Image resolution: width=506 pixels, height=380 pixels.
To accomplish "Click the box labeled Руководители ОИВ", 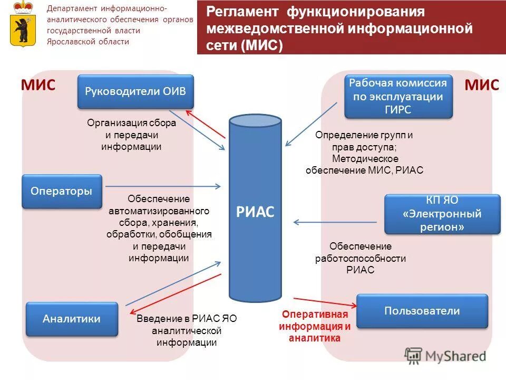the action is (x=135, y=91).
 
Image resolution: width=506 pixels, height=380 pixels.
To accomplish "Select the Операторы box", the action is (x=61, y=191).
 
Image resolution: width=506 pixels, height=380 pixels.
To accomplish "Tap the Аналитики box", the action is (x=72, y=319).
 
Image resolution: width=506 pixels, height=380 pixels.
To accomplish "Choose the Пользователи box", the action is (x=422, y=311).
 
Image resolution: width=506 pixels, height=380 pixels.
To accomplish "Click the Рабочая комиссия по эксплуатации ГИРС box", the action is (x=398, y=97).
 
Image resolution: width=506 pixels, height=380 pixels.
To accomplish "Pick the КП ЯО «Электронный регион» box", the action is (x=442, y=214).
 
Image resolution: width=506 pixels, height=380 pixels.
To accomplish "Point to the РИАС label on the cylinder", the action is (x=255, y=212).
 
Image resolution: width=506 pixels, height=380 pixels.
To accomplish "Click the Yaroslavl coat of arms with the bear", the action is (x=22, y=24).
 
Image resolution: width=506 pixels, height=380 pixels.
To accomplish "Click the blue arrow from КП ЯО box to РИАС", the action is (x=335, y=222).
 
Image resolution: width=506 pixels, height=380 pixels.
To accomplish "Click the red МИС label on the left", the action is (x=38, y=85).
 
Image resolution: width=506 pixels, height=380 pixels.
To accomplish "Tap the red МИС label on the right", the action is (x=482, y=85).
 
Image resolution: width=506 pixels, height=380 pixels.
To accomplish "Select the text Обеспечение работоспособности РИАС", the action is (x=360, y=258).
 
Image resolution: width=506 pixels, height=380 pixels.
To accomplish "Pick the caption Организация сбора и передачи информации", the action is (x=131, y=135).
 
